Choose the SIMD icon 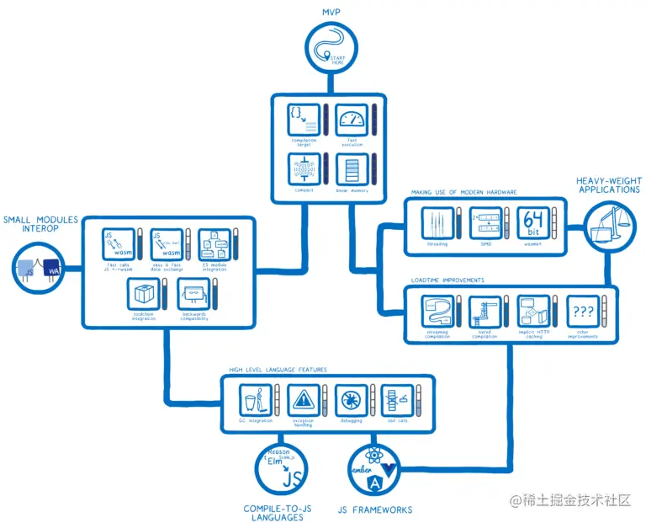tap(484, 223)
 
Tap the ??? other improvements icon tap(581, 312)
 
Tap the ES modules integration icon tap(214, 244)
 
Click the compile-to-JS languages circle tap(279, 471)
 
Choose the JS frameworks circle tap(373, 471)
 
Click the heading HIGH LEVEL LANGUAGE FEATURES tap(277, 370)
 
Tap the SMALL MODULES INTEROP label tap(40, 224)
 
